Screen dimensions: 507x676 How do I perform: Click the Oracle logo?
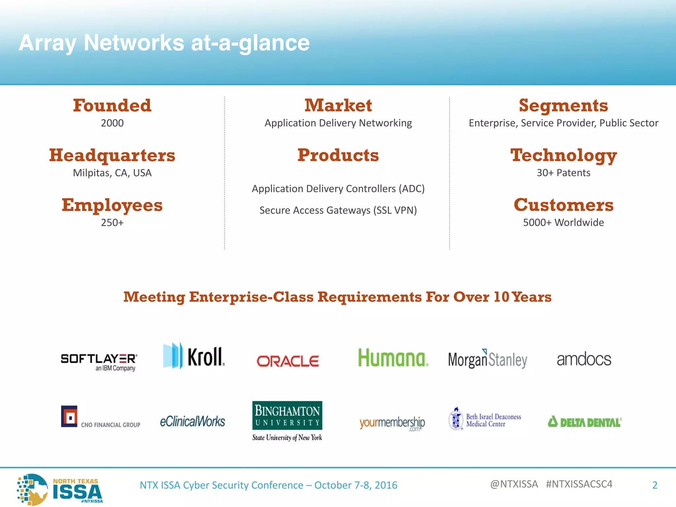pyautogui.click(x=288, y=361)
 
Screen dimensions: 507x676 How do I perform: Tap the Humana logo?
pyautogui.click(x=393, y=358)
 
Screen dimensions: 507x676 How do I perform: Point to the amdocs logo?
pyautogui.click(x=584, y=359)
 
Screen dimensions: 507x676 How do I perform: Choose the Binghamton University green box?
pyautogui.click(x=287, y=415)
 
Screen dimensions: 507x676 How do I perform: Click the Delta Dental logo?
pyautogui.click(x=585, y=422)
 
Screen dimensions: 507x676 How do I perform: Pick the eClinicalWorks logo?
pyautogui.click(x=192, y=422)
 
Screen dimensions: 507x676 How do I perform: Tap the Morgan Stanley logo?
pyautogui.click(x=488, y=359)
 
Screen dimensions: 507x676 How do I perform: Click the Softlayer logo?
pyautogui.click(x=99, y=361)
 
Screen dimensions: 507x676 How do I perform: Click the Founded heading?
pyautogui.click(x=112, y=106)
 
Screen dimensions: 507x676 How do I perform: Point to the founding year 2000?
pyautogui.click(x=112, y=123)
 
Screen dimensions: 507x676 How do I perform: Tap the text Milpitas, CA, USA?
pyautogui.click(x=112, y=173)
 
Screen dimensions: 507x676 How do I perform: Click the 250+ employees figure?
pyautogui.click(x=112, y=223)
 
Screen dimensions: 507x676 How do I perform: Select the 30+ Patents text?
pyautogui.click(x=563, y=173)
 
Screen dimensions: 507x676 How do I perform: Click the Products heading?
pyautogui.click(x=338, y=155)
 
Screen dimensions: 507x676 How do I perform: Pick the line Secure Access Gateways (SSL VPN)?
pyautogui.click(x=338, y=210)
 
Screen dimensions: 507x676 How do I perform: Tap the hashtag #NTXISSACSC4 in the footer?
pyautogui.click(x=579, y=484)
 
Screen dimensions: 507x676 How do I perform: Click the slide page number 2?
pyautogui.click(x=655, y=485)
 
